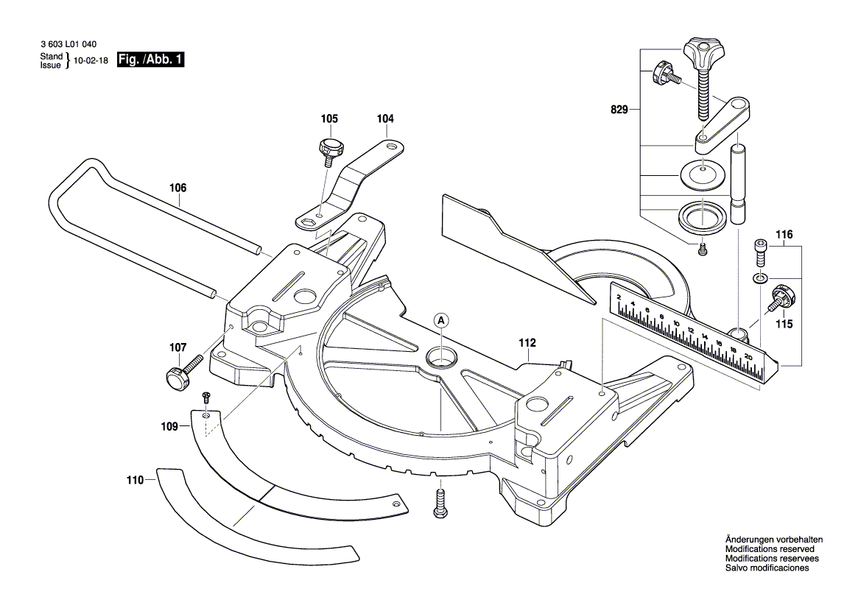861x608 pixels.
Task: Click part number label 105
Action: [x=328, y=119]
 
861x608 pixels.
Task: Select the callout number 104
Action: [x=385, y=119]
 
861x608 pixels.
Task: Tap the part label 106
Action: [x=178, y=188]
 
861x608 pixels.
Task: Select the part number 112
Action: [x=527, y=343]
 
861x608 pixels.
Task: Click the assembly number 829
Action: [x=619, y=110]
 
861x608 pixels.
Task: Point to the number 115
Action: [x=784, y=324]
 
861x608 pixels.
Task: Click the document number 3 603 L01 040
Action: [x=68, y=45]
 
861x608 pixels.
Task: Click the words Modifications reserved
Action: [x=770, y=549]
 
